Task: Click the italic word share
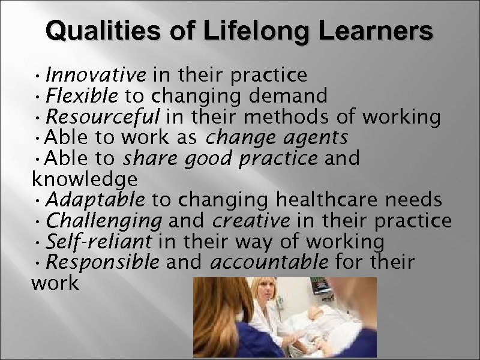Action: coord(143,158)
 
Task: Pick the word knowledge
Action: coord(84,178)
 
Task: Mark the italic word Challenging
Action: coord(103,221)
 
